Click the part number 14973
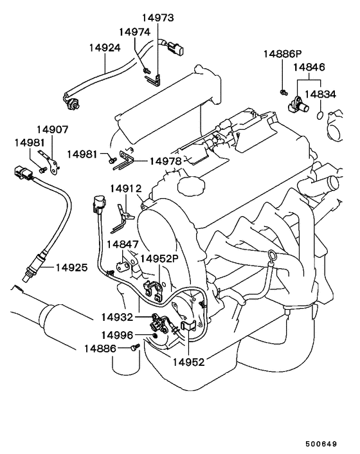pos(157,17)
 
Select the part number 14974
pos(134,32)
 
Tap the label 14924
pos(105,48)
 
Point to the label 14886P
pos(282,53)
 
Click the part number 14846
pos(309,67)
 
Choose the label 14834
pos(320,94)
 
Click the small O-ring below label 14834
pos(319,115)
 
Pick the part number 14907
pos(52,129)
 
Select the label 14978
pos(165,161)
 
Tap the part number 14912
pos(126,189)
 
